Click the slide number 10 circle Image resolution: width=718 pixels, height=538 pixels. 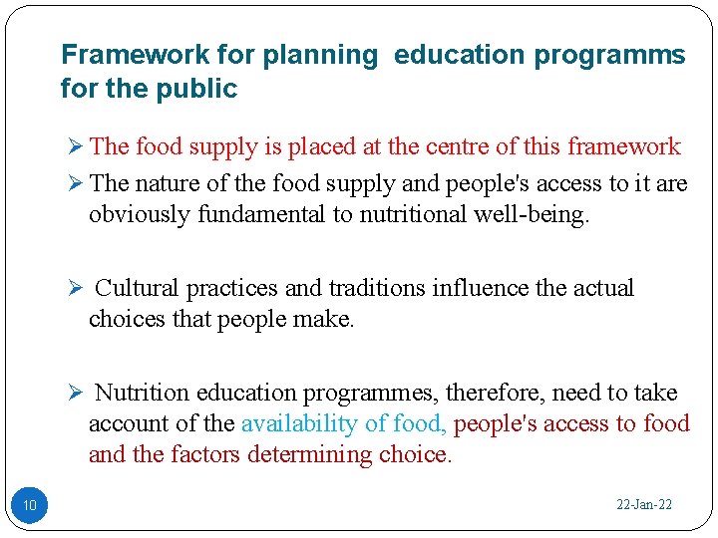click(x=29, y=506)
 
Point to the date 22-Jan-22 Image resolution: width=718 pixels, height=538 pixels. click(x=644, y=505)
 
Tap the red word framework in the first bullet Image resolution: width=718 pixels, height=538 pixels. click(x=623, y=147)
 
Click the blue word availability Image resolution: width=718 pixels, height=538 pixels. click(x=299, y=423)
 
